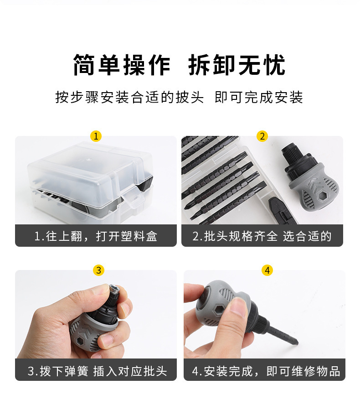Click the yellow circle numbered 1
coord(96,136)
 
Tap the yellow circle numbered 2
coord(262,136)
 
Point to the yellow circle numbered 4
coord(267,270)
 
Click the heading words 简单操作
coord(122,65)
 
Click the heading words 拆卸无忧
coord(237,65)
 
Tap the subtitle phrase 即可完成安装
coord(259,98)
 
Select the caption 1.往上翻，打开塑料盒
coord(96,236)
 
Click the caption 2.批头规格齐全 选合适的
coord(262,236)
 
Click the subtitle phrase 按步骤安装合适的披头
coord(129,98)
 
